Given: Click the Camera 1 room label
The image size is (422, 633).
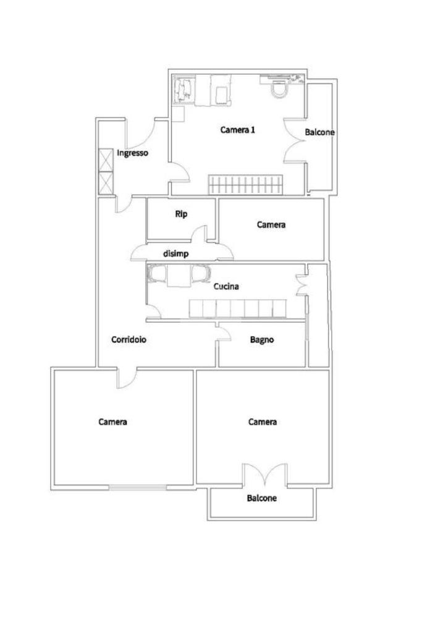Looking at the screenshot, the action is point(238,130).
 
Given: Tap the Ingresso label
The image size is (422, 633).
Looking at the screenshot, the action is point(132,153).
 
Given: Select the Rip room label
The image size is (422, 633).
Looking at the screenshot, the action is point(181,215).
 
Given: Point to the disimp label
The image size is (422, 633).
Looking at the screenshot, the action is point(175,253).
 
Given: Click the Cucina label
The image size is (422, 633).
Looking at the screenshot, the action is point(226,287).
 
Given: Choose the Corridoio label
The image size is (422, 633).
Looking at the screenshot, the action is point(129,339).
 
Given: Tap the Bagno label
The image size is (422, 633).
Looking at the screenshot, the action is point(262,339).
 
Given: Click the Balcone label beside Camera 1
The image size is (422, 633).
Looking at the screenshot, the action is point(319,132).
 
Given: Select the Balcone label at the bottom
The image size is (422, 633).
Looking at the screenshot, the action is point(262,498).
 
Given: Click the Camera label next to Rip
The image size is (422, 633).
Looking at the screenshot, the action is point(271,224).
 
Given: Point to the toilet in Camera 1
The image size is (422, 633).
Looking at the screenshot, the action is point(280,90).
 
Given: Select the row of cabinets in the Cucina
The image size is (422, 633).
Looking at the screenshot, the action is point(237,308).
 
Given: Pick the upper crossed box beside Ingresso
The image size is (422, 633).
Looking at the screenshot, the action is point(106,159).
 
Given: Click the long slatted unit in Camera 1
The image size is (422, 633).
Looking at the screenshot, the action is point(245,184).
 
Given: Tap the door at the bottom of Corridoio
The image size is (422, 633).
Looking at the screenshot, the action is point(126,378).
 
